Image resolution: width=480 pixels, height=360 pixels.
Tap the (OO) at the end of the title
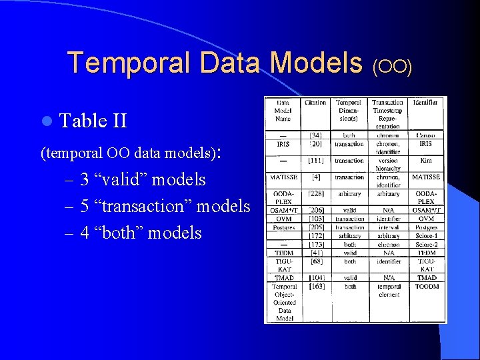(x=393, y=65)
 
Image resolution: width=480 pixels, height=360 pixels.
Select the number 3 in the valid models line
(x=85, y=179)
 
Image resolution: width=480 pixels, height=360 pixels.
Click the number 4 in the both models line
(x=85, y=233)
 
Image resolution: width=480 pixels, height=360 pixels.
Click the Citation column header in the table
(x=316, y=103)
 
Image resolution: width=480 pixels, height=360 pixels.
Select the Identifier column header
(x=425, y=103)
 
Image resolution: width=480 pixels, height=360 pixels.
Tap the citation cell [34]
(x=316, y=136)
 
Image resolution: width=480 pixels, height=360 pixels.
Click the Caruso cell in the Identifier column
(x=425, y=136)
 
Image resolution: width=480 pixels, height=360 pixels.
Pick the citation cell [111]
(x=316, y=161)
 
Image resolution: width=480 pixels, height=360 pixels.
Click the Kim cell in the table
(x=425, y=161)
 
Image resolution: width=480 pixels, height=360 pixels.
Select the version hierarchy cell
(x=388, y=165)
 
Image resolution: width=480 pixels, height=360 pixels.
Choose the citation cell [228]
(x=316, y=194)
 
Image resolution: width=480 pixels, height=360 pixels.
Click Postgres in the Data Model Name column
(x=283, y=227)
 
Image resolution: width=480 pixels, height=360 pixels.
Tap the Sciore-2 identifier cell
(x=425, y=245)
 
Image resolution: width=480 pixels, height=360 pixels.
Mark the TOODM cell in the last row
(x=425, y=287)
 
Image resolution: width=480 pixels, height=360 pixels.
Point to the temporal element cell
(x=388, y=290)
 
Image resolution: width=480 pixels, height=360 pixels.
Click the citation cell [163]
(x=316, y=287)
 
